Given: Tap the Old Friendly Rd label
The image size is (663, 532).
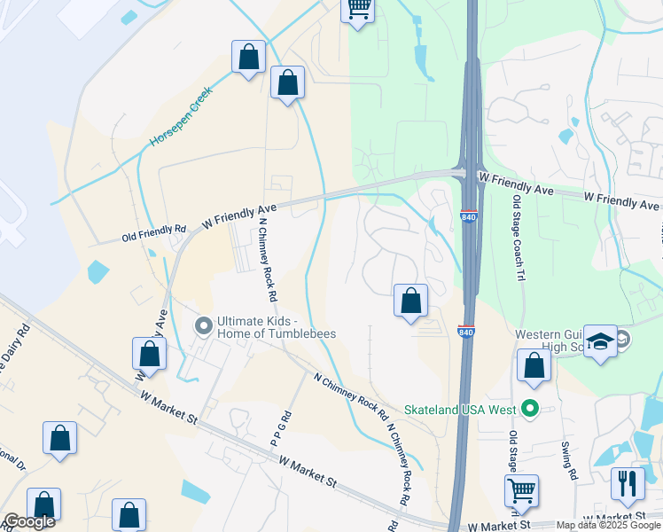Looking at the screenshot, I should point(154,235).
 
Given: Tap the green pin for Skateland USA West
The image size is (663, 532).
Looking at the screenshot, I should point(530,409).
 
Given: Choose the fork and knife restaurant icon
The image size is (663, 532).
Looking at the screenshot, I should point(627,483).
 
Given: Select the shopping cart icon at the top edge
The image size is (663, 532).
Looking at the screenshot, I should point(358,9).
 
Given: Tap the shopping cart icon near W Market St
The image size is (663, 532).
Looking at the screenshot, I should point(521,490).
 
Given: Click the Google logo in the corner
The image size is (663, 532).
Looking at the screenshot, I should point(28,521).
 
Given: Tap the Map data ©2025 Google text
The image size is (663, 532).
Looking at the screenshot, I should point(609,525).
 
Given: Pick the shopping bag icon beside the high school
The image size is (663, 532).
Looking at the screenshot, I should point(534,366).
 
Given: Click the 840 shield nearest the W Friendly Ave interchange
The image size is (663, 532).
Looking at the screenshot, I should point(469,216).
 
